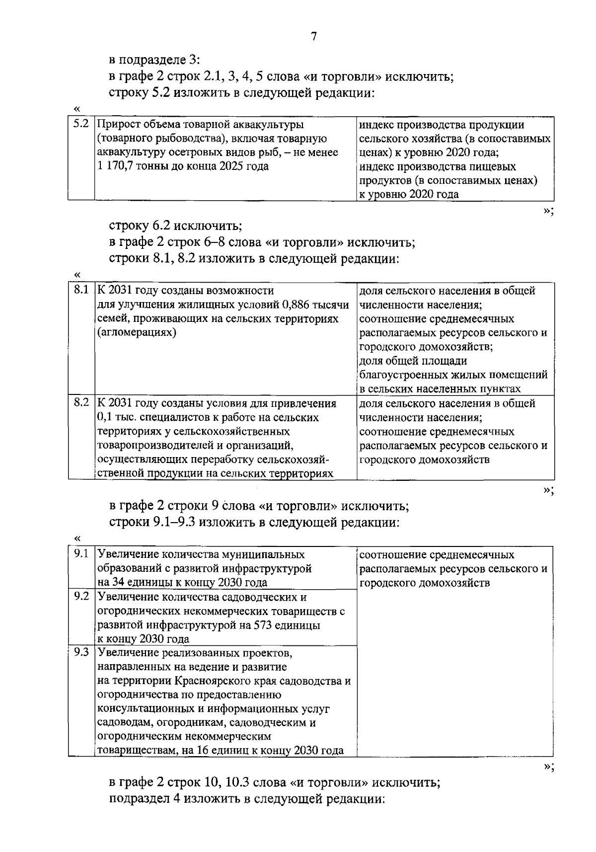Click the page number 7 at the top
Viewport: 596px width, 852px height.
(313, 37)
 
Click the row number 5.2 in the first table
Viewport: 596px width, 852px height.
(81, 124)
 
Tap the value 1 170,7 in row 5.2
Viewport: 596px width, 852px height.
(115, 166)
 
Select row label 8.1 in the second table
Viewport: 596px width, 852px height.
(81, 290)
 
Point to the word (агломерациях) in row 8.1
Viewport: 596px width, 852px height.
(137, 332)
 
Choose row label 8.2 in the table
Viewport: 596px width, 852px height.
(81, 402)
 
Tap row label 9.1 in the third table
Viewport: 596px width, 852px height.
(81, 553)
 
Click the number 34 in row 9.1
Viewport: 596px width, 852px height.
(120, 582)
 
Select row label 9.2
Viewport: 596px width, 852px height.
(81, 596)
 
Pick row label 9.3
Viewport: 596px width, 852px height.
(81, 652)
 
